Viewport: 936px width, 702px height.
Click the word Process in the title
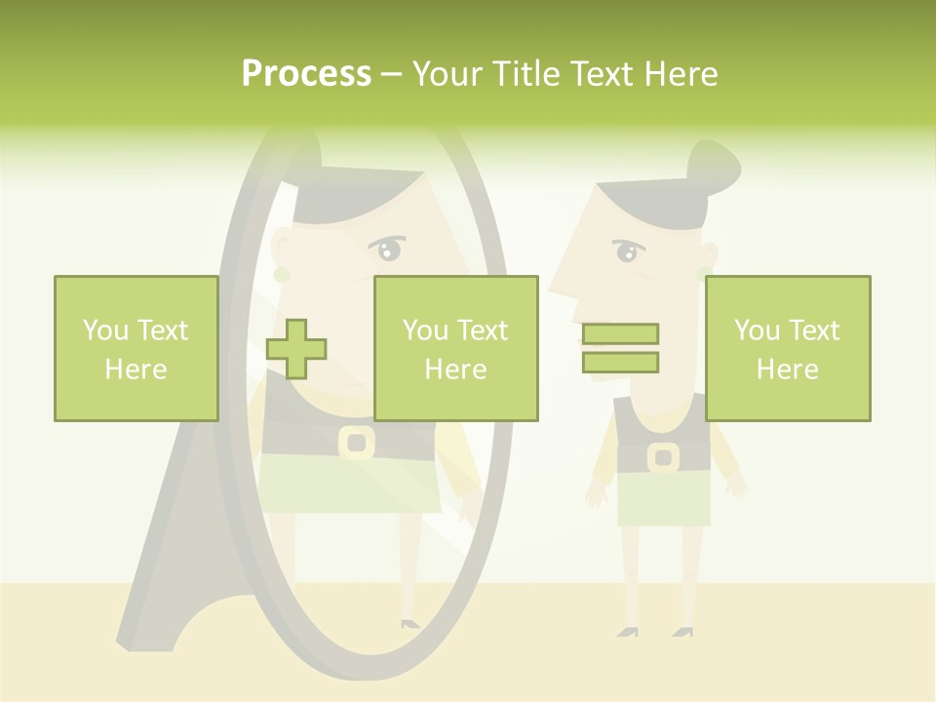coord(306,74)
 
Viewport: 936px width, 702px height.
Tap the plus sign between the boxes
coord(296,349)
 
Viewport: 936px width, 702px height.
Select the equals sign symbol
coord(620,348)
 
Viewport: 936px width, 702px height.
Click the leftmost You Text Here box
coord(136,348)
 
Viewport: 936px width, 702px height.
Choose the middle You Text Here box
coord(455,348)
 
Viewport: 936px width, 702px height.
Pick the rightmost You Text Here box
coord(788,348)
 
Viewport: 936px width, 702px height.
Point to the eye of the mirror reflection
coord(389,252)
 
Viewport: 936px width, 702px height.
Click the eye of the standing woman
coord(627,253)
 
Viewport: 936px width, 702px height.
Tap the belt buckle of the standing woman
coord(663,456)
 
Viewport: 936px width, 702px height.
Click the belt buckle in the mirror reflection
coord(357,442)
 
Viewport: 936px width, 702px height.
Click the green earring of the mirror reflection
coord(282,276)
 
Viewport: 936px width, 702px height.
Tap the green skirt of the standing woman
coord(663,499)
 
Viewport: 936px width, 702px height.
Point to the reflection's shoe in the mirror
coord(409,622)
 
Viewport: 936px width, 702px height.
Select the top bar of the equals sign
coord(620,333)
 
